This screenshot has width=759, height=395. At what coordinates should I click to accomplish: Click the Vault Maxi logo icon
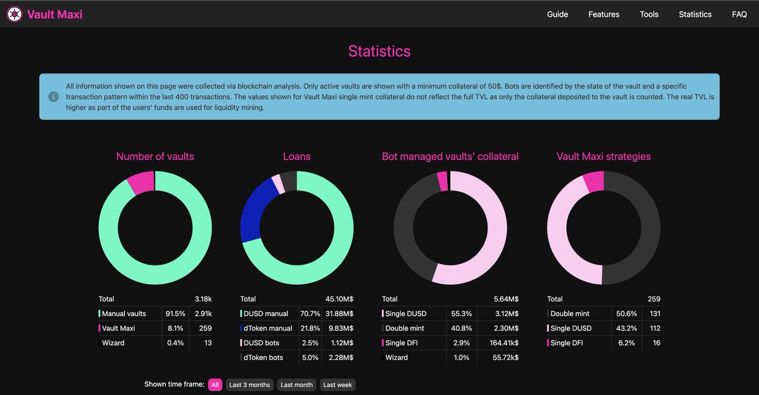(x=15, y=14)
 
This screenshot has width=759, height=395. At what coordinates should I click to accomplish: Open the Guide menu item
(x=557, y=14)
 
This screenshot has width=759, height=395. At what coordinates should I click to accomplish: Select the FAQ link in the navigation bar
(x=739, y=14)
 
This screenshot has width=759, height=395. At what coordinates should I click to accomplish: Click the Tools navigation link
(x=649, y=14)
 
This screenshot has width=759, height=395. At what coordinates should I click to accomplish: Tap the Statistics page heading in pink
(x=379, y=51)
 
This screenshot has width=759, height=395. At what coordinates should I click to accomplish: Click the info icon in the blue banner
(x=54, y=96)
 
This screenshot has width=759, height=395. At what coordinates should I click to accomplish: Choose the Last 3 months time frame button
(x=249, y=385)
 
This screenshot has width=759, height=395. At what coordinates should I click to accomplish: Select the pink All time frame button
(x=215, y=385)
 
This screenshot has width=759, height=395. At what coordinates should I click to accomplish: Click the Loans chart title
(x=297, y=156)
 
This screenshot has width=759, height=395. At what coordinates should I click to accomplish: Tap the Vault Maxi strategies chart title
(x=603, y=156)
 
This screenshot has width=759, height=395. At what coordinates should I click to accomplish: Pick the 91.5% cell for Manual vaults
(x=175, y=313)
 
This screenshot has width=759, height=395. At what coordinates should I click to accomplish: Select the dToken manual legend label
(x=268, y=328)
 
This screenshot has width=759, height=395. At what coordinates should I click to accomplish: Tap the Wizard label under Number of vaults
(x=114, y=342)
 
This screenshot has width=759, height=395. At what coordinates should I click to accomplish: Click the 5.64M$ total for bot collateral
(x=506, y=299)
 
